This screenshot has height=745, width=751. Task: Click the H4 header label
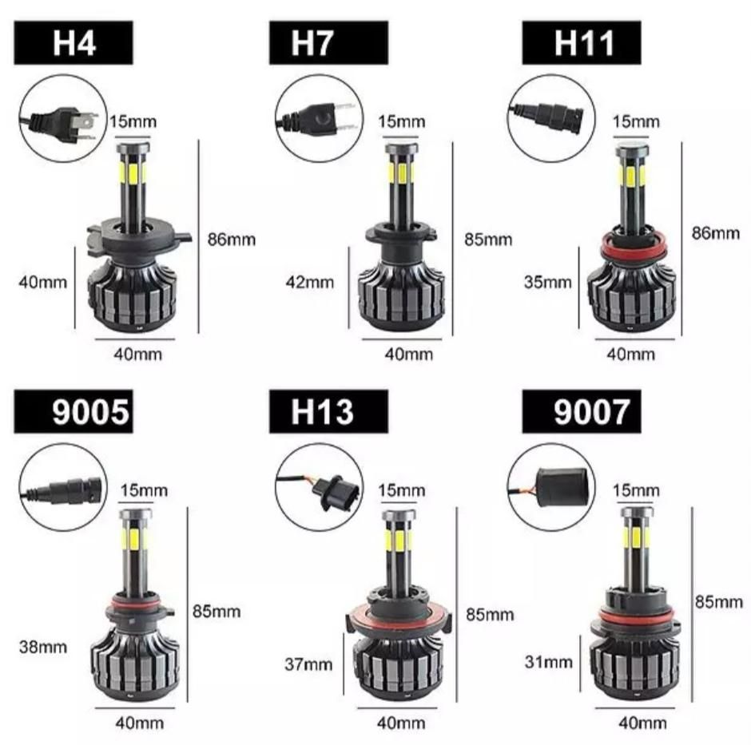click(74, 42)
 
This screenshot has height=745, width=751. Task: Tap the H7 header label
click(328, 42)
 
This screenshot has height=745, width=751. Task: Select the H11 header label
click(582, 42)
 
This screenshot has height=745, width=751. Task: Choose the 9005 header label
click(74, 412)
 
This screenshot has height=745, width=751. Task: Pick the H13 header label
click(328, 412)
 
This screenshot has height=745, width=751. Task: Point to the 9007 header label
click(582, 412)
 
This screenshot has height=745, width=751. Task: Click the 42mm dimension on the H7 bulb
click(310, 283)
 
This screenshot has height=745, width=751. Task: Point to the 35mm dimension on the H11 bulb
click(548, 283)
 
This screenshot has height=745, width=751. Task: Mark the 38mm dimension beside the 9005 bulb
click(43, 648)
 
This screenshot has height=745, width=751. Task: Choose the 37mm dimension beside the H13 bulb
click(308, 664)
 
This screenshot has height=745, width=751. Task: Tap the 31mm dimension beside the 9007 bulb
click(549, 662)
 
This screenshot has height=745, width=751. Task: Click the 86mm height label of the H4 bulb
click(232, 240)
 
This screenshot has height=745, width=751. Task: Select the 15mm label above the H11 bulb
click(636, 121)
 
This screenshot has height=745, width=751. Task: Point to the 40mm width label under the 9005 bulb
click(139, 723)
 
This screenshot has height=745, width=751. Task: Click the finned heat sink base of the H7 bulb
click(401, 297)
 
